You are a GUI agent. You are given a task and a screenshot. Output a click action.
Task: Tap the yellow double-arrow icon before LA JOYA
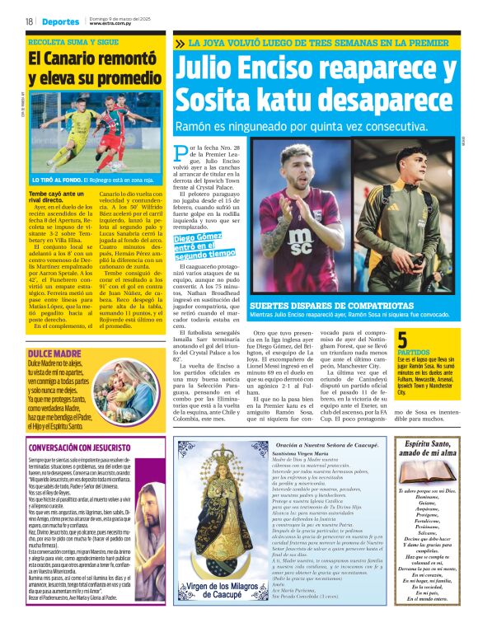pos(180,43)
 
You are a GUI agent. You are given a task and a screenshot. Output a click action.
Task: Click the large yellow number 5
pos(402,339)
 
